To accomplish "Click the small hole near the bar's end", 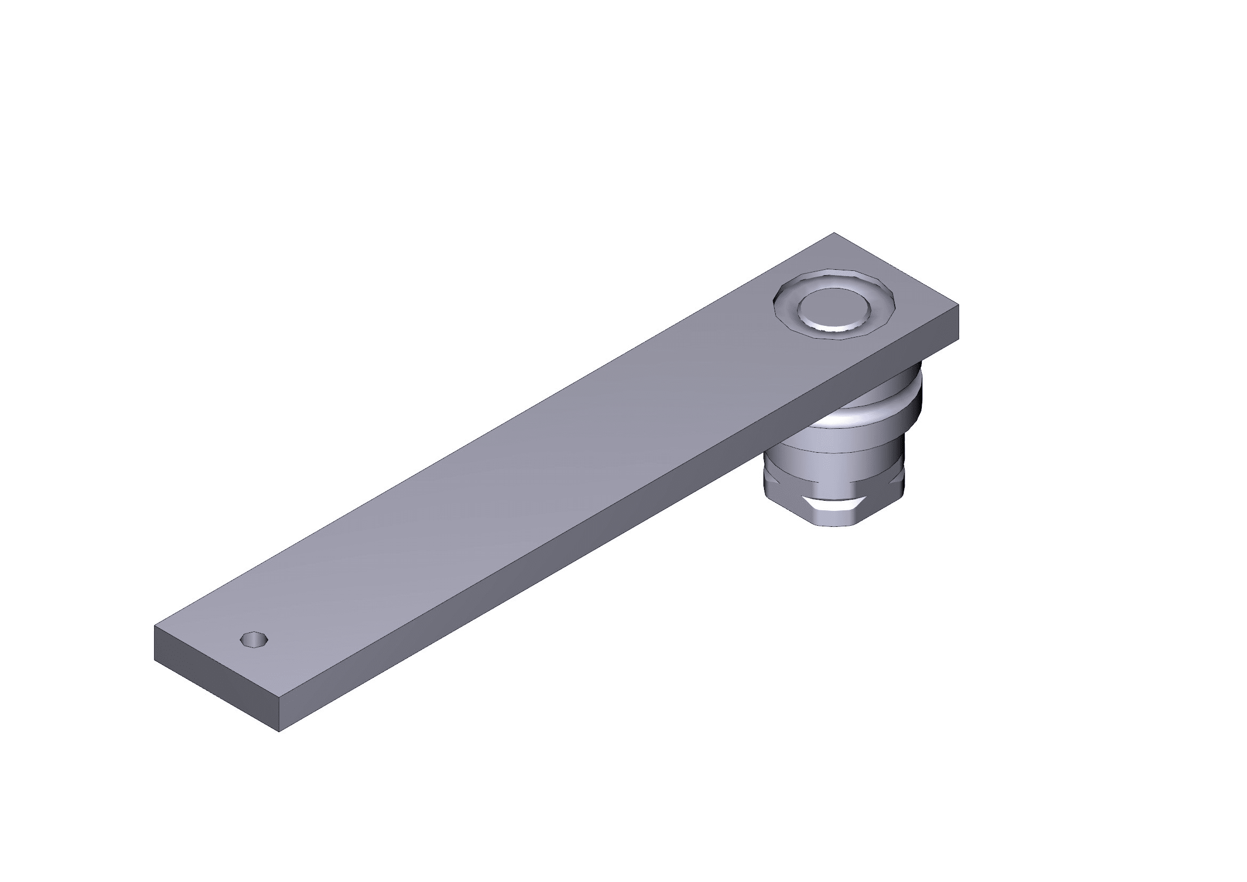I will pyautogui.click(x=254, y=639).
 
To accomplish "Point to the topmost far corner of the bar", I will pyautogui.click(x=834, y=233).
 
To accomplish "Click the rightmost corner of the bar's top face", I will pyautogui.click(x=958, y=306).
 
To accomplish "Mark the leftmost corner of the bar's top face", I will pyautogui.click(x=155, y=626).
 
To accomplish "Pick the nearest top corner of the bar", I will pyautogui.click(x=279, y=697).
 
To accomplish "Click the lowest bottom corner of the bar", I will pyautogui.click(x=279, y=732).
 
